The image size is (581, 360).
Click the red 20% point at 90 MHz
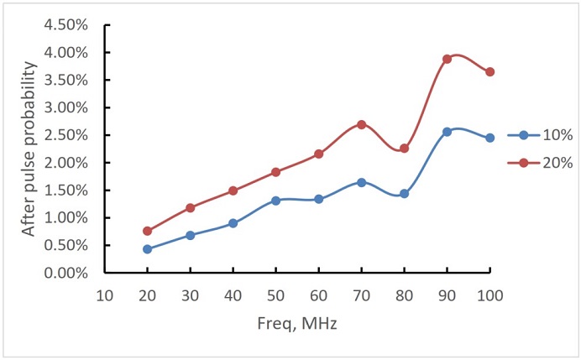pos(448,59)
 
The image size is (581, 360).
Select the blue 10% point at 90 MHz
pos(448,132)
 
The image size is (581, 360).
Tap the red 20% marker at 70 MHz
pos(362,124)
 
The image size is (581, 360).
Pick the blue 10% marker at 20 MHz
pos(148,249)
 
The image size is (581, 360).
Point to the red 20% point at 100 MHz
pos(490,72)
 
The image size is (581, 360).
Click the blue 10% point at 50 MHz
pos(276,201)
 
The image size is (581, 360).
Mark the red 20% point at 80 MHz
pos(405,149)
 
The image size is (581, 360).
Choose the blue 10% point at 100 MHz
pos(490,138)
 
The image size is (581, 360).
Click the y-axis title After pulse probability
pos(29,148)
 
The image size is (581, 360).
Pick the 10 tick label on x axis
pos(105,295)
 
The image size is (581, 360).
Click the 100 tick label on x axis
pos(490,295)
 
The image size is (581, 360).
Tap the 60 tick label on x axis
pos(319,295)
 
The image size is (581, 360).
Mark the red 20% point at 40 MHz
pos(233,190)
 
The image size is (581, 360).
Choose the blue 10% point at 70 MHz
pos(362,182)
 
